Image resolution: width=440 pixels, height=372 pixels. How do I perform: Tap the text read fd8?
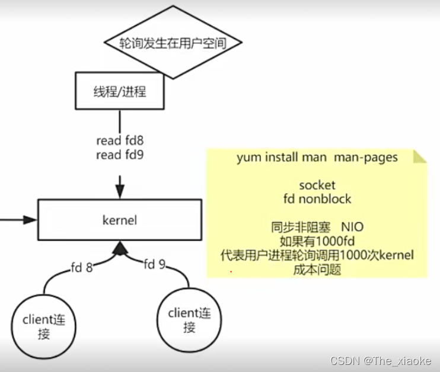(120, 140)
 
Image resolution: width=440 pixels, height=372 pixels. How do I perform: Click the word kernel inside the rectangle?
(120, 220)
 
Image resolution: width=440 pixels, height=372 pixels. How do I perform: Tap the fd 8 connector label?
(82, 267)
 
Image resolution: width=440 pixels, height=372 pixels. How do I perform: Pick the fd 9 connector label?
(155, 264)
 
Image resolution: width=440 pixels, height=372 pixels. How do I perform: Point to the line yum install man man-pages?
(317, 158)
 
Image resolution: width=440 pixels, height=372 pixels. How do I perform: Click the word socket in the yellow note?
(317, 185)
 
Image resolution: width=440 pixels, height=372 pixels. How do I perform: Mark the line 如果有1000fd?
(317, 242)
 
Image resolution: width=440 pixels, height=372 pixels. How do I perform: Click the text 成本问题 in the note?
(317, 270)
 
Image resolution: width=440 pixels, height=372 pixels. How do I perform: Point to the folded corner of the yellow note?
(419, 155)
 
